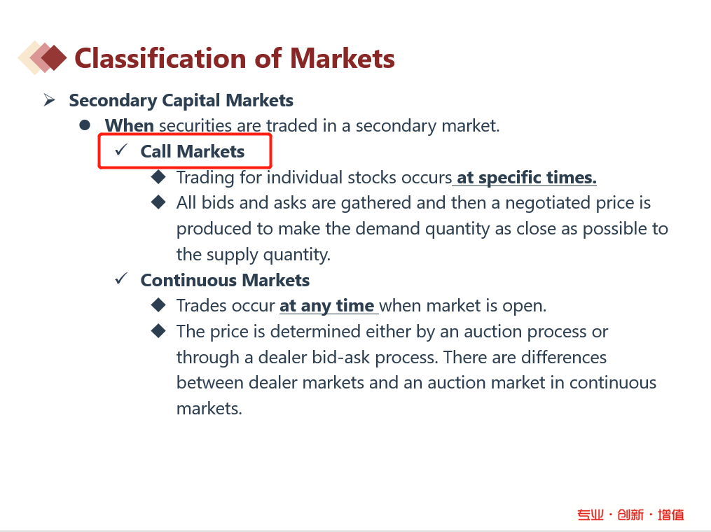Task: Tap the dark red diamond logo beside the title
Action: (53, 58)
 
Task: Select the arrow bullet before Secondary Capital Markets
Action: (49, 99)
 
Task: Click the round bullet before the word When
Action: (84, 125)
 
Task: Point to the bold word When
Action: (129, 125)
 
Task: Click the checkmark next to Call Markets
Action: (121, 150)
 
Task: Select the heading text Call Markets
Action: (192, 151)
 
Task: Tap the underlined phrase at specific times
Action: (527, 177)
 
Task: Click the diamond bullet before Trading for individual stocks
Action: (158, 176)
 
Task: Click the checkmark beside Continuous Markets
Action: (121, 278)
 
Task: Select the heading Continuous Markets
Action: (225, 280)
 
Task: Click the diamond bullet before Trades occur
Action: (158, 305)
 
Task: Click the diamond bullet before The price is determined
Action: (158, 331)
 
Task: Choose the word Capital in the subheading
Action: (191, 101)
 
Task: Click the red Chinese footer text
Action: (630, 514)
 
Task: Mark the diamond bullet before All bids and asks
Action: (158, 202)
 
